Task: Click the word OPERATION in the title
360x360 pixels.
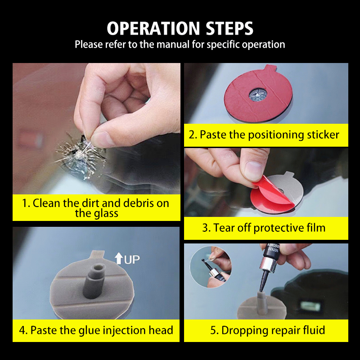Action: tap(153, 28)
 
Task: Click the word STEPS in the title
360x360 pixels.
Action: tap(229, 28)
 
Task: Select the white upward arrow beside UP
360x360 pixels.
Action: tap(119, 258)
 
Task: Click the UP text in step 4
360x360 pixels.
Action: tap(132, 260)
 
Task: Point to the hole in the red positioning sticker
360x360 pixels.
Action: tap(258, 94)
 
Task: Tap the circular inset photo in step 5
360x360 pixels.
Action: tap(211, 266)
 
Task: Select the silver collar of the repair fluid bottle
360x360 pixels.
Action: tap(268, 264)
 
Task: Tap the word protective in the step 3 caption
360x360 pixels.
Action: tap(278, 228)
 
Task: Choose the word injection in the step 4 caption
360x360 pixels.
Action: tap(124, 331)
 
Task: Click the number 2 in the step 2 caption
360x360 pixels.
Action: tap(192, 135)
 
